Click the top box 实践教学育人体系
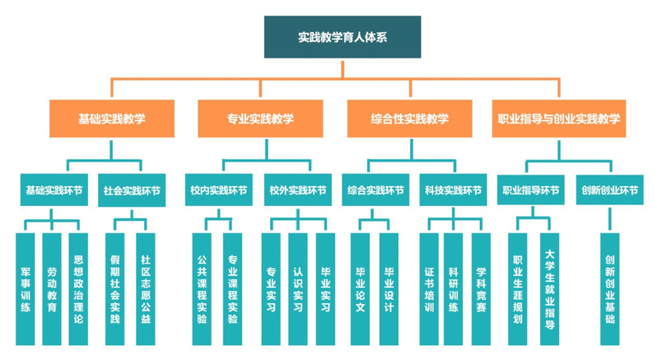(x=342, y=37)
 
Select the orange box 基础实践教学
(x=112, y=118)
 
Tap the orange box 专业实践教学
(x=260, y=118)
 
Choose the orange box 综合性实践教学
(x=409, y=118)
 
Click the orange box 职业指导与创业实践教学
(x=559, y=118)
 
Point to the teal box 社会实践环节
(x=132, y=190)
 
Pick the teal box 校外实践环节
(x=297, y=190)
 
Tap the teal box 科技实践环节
(x=454, y=190)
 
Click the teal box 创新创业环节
(x=609, y=190)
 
